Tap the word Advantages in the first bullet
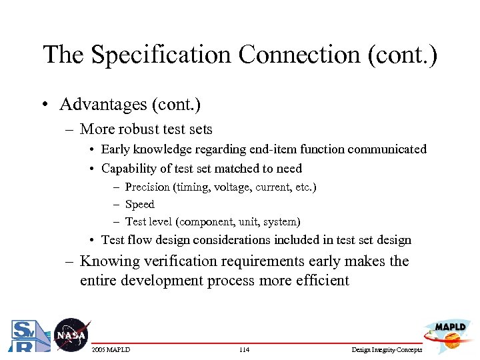tap(101, 105)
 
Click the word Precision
tap(147, 187)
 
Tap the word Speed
tap(139, 205)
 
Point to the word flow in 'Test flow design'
tap(137, 240)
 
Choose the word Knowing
tap(109, 261)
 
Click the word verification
tap(183, 261)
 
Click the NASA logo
tap(71, 335)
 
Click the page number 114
tap(243, 350)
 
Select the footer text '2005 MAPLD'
tap(111, 350)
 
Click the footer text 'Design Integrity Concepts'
tap(386, 350)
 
